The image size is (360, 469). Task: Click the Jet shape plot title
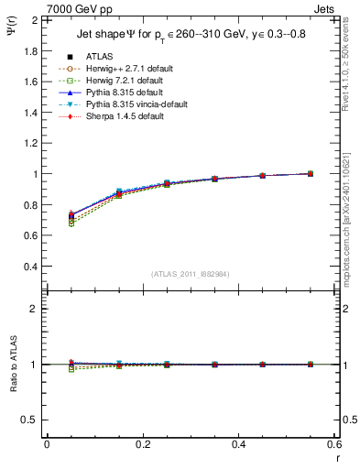[x=191, y=36]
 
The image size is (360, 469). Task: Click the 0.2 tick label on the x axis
[x=143, y=444]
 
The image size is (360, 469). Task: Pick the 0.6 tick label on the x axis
[x=335, y=444]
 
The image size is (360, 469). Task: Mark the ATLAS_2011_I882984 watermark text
[x=191, y=274]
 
